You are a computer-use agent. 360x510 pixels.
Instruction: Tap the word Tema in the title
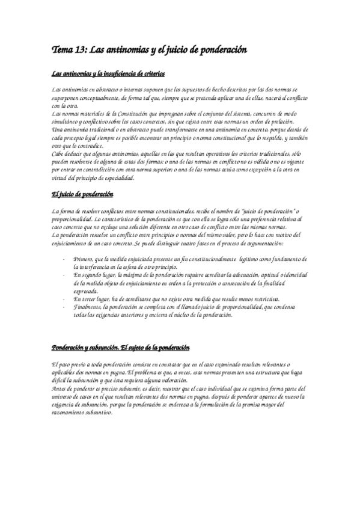click(63, 51)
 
